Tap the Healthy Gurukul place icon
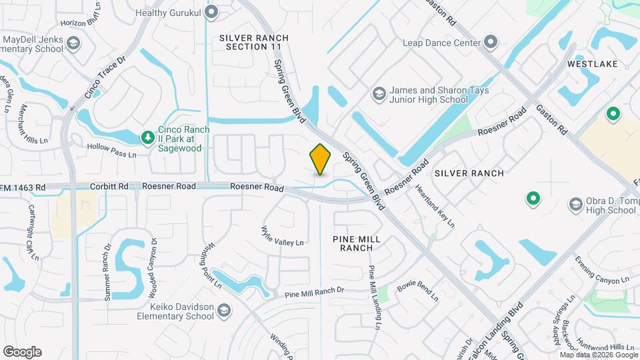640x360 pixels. (212, 11)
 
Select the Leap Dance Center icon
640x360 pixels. (491, 43)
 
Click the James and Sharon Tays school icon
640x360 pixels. (379, 94)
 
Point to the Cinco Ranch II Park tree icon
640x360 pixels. (147, 136)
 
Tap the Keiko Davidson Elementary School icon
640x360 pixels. (224, 310)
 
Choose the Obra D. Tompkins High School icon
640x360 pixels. (575, 205)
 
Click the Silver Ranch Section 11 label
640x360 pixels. (250, 43)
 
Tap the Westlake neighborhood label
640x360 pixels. (592, 64)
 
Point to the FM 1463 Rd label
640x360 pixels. (23, 187)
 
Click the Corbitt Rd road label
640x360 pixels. (109, 187)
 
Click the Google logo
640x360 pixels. (22, 351)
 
